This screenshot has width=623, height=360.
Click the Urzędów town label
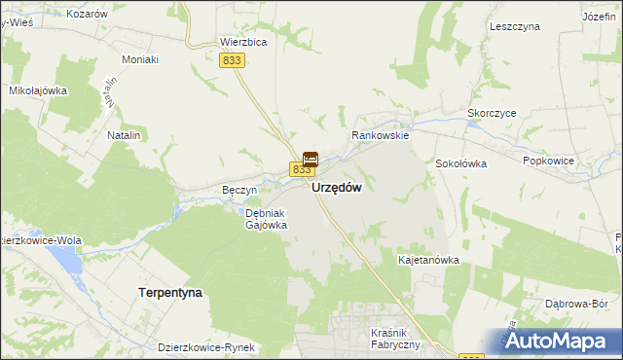click(x=338, y=190)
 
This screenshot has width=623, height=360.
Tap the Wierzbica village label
click(x=243, y=43)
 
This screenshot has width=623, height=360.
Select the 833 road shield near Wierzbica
click(x=231, y=60)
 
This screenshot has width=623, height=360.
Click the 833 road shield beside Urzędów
click(x=299, y=169)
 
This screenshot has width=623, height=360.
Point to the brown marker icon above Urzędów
click(x=311, y=159)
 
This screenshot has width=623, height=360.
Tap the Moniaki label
click(x=140, y=59)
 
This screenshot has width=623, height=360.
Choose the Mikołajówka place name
click(x=37, y=90)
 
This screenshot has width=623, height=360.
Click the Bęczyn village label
click(x=238, y=190)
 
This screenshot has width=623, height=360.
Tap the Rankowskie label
click(x=381, y=137)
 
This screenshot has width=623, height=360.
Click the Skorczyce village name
click(x=492, y=113)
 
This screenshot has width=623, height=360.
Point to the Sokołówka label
click(x=460, y=163)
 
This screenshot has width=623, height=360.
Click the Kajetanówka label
click(x=428, y=261)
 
